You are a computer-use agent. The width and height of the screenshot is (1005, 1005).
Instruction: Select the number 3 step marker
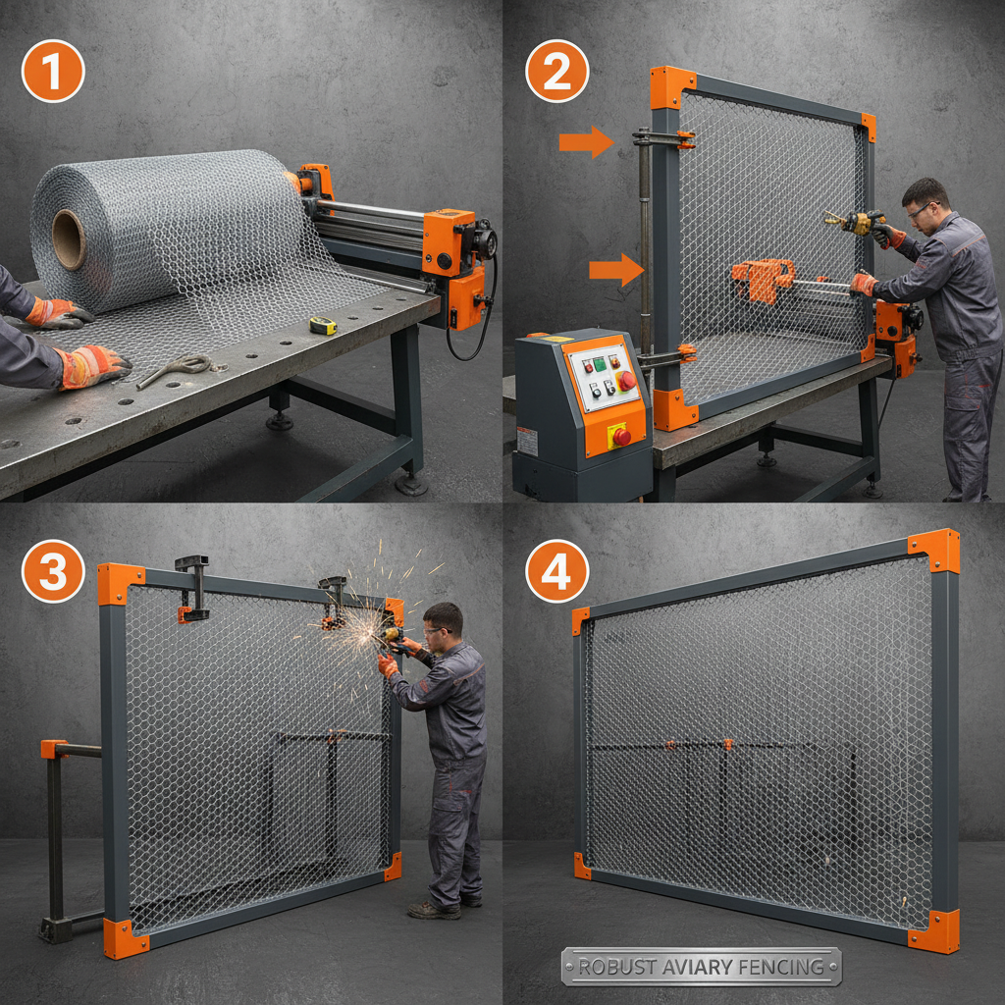click(x=53, y=570)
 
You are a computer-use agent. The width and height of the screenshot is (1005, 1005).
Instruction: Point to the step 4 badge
click(x=556, y=570)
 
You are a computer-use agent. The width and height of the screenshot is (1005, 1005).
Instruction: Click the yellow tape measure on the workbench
click(x=323, y=326)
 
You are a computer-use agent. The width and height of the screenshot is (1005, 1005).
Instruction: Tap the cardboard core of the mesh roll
click(x=69, y=238)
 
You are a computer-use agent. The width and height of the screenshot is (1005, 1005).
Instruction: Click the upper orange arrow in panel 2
click(x=586, y=142)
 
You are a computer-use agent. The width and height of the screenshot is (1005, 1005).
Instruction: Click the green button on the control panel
click(x=600, y=363)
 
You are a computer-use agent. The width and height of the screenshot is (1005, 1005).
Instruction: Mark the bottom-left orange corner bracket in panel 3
click(x=124, y=938)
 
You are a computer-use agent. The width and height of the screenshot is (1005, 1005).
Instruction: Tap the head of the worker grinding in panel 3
click(x=443, y=621)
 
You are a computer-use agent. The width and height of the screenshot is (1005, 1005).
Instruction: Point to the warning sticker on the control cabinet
click(x=528, y=442)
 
